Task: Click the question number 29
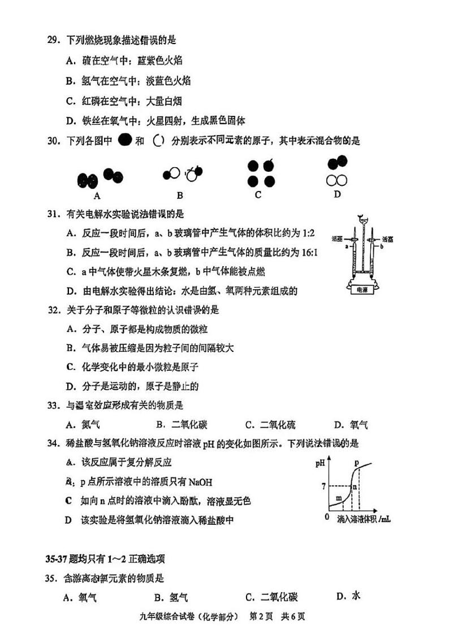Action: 52,40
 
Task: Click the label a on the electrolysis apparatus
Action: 341,246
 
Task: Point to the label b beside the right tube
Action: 382,247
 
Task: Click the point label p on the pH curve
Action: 357,463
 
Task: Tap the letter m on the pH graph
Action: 339,498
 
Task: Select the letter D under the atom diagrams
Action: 337,194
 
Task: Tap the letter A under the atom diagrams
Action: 97,196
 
